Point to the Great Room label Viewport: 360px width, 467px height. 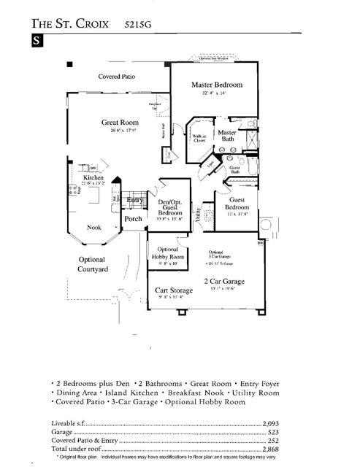120,123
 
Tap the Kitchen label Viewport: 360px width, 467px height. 93,178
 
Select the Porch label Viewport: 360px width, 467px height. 133,218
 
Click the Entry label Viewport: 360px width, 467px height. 134,199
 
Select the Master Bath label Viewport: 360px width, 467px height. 228,135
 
